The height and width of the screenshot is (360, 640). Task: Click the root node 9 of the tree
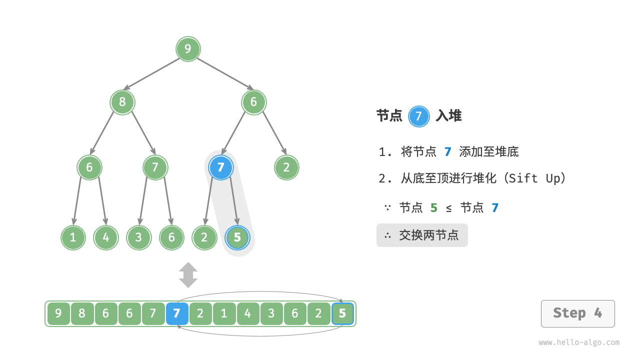coord(188,49)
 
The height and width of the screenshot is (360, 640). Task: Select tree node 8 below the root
coord(122,102)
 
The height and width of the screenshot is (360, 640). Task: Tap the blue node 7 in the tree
coord(221,167)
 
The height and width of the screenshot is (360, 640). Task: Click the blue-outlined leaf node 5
coord(237,237)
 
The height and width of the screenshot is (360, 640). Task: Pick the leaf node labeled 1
coord(73,237)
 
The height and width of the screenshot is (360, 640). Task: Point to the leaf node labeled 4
coord(106,237)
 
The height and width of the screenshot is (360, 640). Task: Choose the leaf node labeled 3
coord(139,237)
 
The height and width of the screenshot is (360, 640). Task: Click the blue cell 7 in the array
coord(177,314)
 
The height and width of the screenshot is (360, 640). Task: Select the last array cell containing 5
coord(342,314)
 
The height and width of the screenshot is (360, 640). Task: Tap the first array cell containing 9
coord(58,314)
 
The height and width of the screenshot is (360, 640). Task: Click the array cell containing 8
coord(82,314)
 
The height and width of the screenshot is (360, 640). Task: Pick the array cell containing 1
coord(224,314)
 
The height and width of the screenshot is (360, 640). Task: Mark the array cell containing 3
coord(271,314)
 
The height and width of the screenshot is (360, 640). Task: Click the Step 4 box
coord(577,313)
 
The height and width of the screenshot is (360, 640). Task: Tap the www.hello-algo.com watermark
coord(579,342)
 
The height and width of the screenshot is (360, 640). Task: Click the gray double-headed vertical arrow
coord(188,275)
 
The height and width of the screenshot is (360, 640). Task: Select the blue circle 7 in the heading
coord(419,116)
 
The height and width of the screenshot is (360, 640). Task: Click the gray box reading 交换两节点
coord(422,235)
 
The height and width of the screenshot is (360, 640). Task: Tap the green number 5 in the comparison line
coord(433,208)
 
